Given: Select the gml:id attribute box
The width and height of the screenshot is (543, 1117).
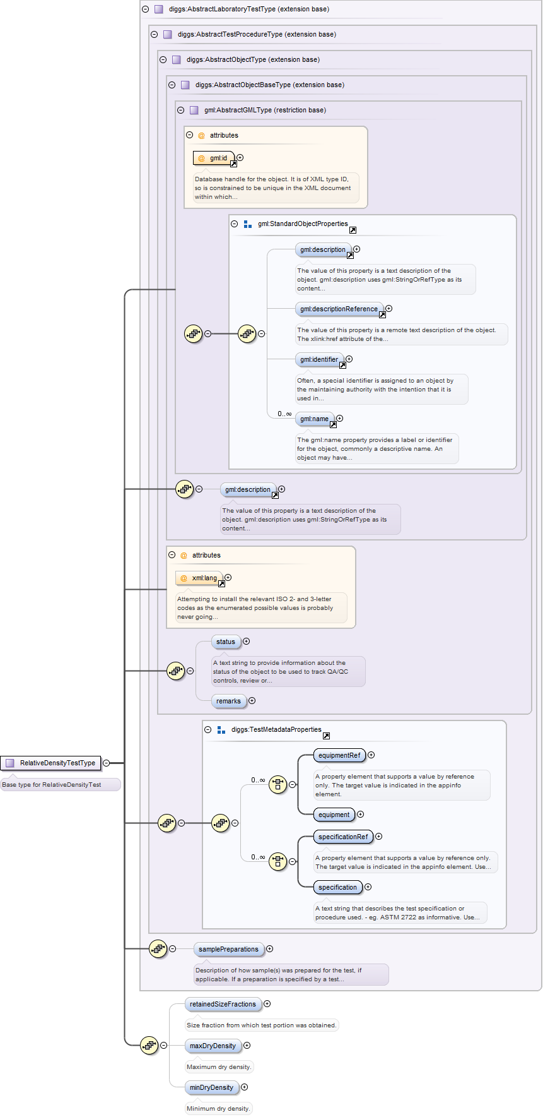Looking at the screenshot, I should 214,158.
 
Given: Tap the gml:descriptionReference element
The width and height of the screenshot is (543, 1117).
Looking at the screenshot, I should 339,309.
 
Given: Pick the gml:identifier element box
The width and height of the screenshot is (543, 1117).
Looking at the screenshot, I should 319,359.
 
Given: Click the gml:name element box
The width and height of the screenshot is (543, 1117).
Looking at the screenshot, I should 315,419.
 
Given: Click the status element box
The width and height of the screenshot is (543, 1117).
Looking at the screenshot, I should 226,642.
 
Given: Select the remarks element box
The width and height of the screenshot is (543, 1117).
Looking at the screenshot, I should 228,701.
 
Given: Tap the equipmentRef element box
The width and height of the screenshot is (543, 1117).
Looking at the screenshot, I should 339,755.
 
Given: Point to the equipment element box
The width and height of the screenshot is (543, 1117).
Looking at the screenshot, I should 334,815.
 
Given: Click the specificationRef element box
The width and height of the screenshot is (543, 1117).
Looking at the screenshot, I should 343,837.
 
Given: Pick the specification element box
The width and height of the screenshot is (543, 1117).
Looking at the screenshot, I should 337,887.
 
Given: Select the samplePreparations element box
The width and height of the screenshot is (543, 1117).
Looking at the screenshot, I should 228,949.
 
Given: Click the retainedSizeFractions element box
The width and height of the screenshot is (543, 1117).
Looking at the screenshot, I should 223,1004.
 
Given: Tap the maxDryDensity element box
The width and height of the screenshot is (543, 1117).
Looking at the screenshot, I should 213,1046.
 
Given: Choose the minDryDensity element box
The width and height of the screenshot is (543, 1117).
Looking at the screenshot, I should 211,1087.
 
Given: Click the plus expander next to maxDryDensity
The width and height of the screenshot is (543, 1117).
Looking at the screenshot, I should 247,1046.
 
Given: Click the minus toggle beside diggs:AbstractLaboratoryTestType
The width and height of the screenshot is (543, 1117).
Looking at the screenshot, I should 146,9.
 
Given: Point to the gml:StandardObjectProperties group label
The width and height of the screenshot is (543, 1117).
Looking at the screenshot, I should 303,224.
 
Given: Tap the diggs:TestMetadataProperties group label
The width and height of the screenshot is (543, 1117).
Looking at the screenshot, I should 276,729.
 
